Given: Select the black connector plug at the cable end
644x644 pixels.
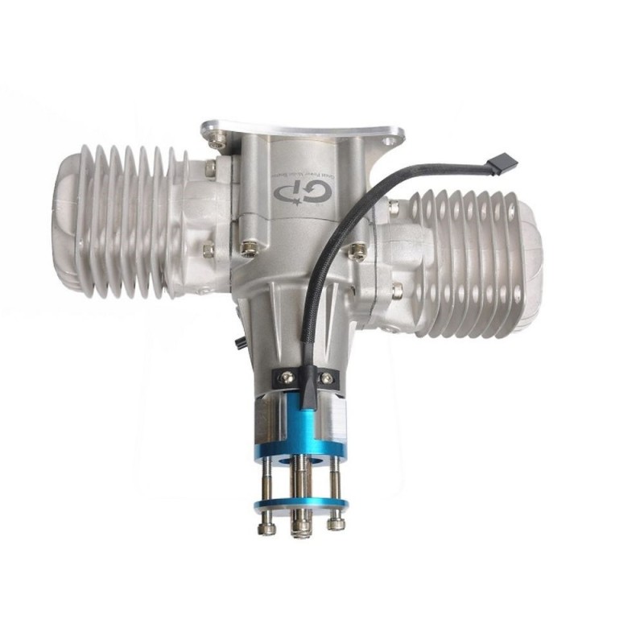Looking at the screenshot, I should point(506,163).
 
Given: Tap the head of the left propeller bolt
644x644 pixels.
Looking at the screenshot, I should point(266,528).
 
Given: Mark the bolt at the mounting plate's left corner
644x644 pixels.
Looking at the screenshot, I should point(215,141).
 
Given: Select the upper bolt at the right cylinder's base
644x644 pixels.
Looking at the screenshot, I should point(394,208).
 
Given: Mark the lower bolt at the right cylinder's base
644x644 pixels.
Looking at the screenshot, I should point(397,291).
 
